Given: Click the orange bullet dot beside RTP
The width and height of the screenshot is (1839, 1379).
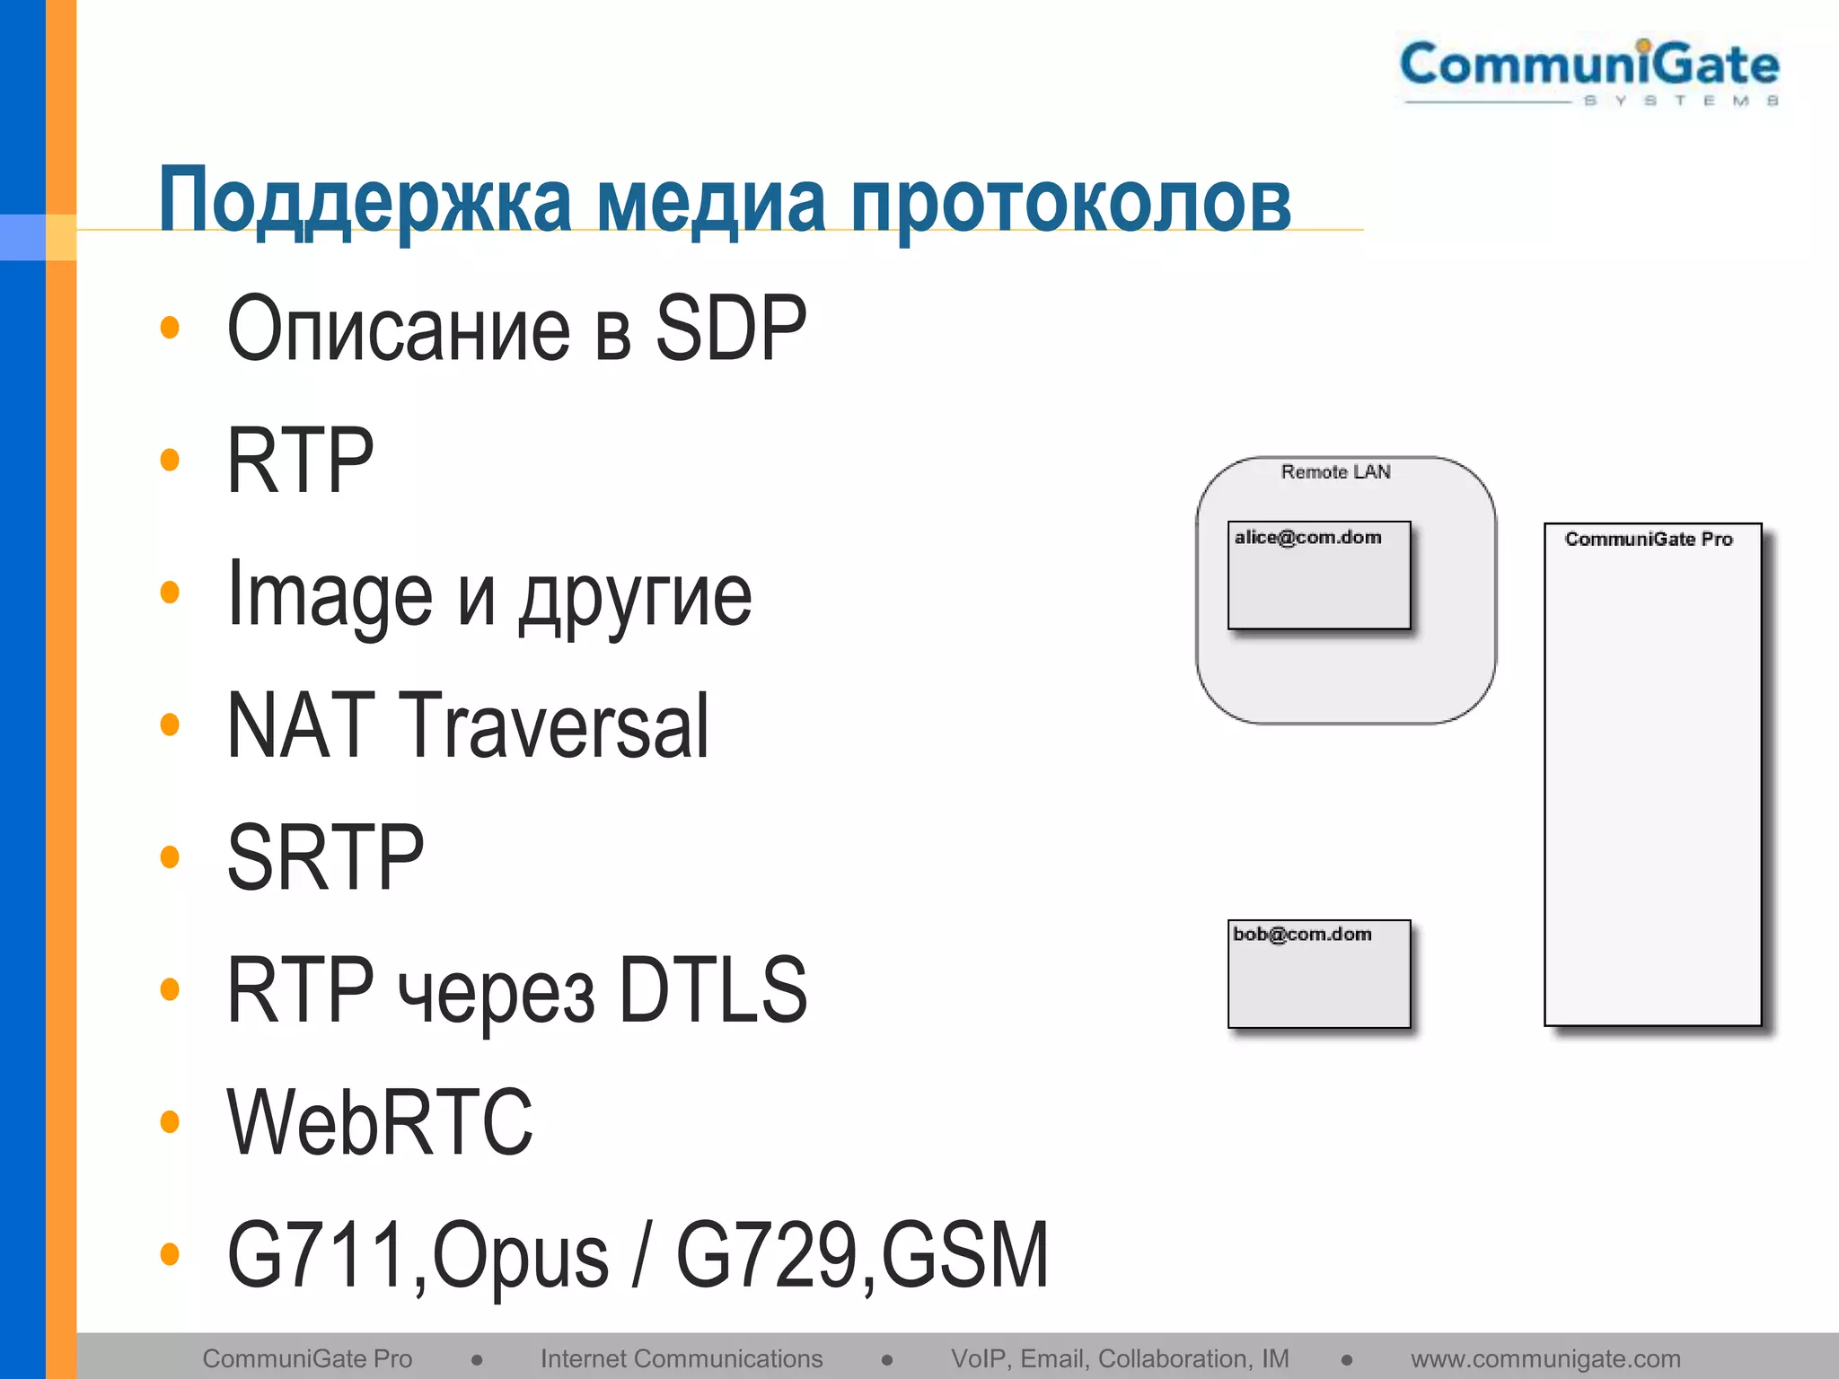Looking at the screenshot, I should point(169,460).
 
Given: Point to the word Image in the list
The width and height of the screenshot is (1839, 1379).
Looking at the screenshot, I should point(330,594).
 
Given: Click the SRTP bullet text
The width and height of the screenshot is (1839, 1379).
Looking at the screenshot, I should point(325,857).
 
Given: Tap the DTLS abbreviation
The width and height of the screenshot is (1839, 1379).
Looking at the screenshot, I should point(713,989).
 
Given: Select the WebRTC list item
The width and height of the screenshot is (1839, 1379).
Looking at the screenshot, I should point(380,1121).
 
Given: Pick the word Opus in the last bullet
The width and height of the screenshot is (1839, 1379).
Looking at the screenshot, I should point(521,1256).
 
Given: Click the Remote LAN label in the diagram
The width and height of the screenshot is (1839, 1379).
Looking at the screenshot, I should point(1335,472).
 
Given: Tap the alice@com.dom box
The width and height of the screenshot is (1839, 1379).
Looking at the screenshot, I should point(1319,575).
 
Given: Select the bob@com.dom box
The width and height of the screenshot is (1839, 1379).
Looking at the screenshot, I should point(1319,974).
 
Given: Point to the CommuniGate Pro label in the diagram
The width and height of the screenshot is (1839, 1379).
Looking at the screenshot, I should point(1649,539).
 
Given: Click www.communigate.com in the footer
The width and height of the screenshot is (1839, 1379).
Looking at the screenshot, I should point(1545,1358).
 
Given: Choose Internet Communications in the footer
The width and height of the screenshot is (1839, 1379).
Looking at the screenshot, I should point(682,1358).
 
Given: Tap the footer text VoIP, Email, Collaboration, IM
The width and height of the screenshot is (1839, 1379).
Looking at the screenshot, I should point(1120,1358).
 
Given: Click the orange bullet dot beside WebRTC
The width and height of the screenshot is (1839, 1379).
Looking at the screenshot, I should point(169,1121).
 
